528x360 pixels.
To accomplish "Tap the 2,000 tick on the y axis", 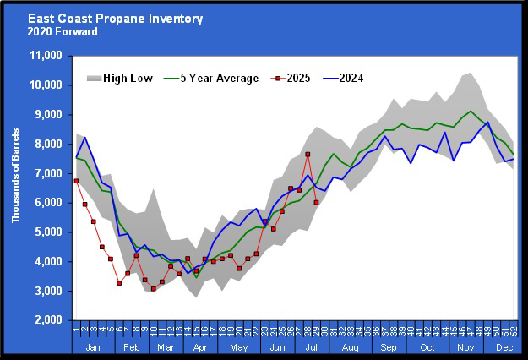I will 51,320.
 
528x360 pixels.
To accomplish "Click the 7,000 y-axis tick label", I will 51,173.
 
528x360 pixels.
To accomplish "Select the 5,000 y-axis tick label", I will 51,232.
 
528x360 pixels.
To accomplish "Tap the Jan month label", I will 93,346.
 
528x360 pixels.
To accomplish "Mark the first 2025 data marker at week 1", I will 77,181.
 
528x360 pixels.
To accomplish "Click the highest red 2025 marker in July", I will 308,155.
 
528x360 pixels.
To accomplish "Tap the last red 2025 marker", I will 316,202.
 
